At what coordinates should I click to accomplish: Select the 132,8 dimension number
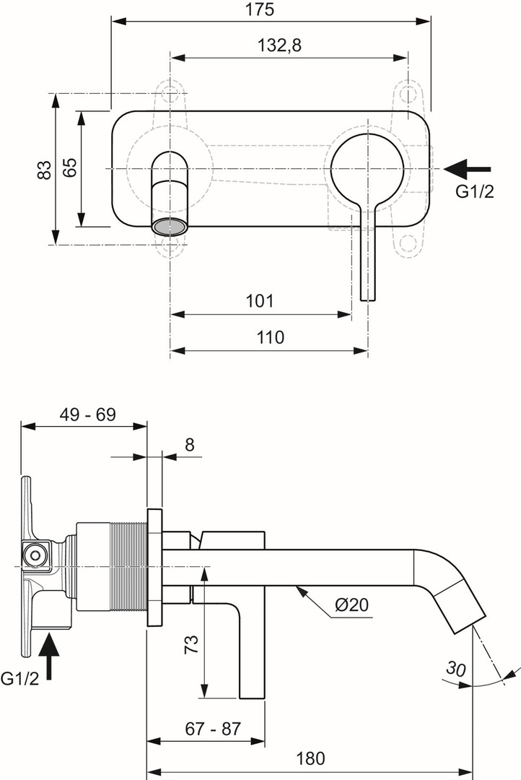(279, 45)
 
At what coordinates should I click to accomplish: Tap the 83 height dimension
(45, 169)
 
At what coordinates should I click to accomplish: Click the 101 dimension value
(260, 300)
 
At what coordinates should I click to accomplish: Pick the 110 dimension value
(270, 337)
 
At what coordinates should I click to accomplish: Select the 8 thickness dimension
(189, 445)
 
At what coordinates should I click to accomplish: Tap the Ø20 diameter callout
(351, 604)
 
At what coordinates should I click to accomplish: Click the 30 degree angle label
(455, 668)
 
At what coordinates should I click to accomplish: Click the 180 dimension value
(311, 758)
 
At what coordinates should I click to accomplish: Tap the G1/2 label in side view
(19, 678)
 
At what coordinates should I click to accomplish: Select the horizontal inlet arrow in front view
(467, 169)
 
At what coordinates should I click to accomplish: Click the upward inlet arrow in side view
(50, 654)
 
